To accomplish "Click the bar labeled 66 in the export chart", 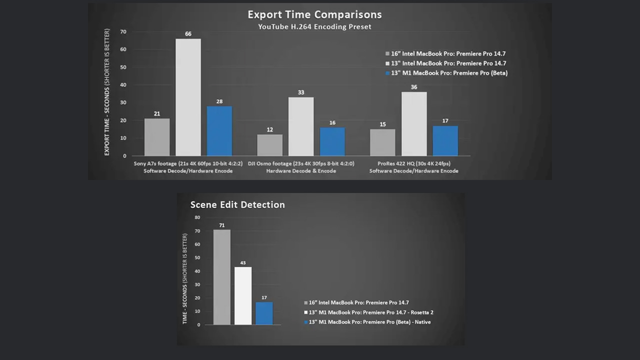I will (188, 97).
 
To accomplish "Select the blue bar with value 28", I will (219, 131).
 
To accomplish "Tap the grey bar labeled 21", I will (157, 137).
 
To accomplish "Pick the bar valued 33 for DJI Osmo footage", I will (301, 126).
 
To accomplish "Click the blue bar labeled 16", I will (332, 141).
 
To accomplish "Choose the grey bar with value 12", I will (270, 145).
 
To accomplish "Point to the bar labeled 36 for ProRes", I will (414, 124).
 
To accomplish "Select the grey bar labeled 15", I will (382, 142).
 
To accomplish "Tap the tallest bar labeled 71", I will (222, 277).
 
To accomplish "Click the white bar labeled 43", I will (243, 296).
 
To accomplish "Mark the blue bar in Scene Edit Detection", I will (264, 313).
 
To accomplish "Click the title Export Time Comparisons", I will (314, 14).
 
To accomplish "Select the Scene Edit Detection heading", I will (237, 204).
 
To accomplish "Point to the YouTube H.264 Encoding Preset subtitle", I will (314, 27).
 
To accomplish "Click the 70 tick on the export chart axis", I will (123, 32).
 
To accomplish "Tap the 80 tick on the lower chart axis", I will (197, 217).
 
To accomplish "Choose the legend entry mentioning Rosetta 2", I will (371, 312).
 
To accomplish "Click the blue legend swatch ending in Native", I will (306, 322).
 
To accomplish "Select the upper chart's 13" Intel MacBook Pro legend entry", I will (445, 63).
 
